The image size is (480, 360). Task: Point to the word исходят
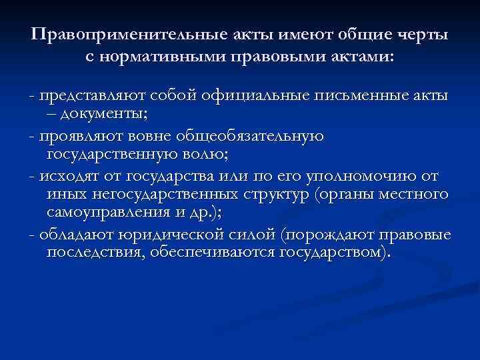point(66,178)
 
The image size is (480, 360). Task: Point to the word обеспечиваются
point(219,255)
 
